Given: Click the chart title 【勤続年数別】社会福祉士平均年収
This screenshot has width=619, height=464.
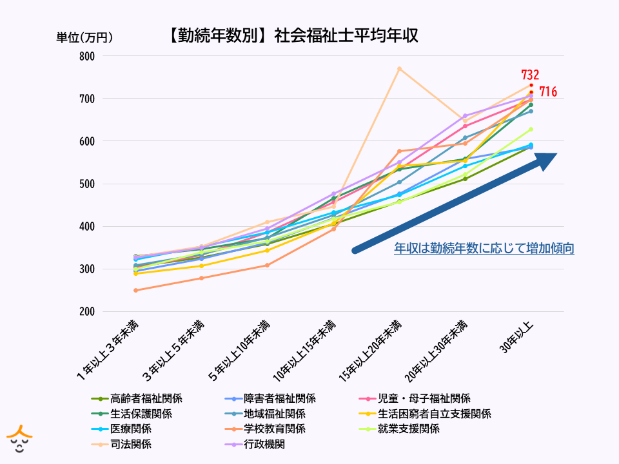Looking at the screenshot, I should (291, 35).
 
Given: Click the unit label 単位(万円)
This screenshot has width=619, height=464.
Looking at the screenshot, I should (84, 37).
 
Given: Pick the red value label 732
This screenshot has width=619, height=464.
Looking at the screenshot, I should (530, 75).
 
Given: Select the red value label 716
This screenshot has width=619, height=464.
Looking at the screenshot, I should (548, 92).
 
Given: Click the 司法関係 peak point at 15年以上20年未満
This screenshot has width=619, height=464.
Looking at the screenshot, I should (399, 68).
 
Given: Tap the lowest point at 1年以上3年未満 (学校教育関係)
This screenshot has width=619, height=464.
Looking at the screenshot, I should (135, 290).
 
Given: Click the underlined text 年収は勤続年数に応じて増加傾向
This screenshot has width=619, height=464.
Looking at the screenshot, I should (484, 249).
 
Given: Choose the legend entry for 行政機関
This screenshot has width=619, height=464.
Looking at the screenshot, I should (264, 444).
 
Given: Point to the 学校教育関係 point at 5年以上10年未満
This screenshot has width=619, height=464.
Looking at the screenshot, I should (267, 265).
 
